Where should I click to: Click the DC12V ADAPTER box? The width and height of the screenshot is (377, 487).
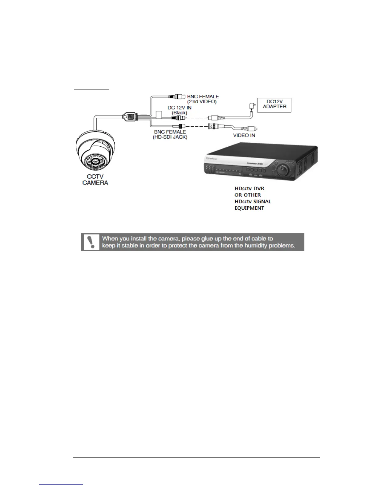pyautogui.click(x=274, y=105)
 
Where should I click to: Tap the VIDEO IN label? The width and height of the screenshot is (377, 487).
pyautogui.click(x=244, y=135)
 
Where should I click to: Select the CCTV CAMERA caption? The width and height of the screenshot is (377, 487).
pyautogui.click(x=95, y=180)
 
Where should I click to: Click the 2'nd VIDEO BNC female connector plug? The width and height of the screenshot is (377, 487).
pyautogui.click(x=177, y=96)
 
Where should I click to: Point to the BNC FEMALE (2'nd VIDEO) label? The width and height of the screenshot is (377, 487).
pyautogui.click(x=203, y=99)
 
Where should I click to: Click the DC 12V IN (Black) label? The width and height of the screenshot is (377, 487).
pyautogui.click(x=179, y=110)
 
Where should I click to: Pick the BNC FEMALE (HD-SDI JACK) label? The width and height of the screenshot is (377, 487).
pyautogui.click(x=170, y=134)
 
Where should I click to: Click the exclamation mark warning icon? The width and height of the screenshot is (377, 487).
pyautogui.click(x=91, y=242)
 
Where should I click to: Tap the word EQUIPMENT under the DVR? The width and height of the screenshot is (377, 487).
pyautogui.click(x=249, y=208)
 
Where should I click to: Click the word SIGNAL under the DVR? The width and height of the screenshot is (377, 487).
pyautogui.click(x=261, y=202)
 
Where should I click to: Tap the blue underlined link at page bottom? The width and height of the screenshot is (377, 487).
pyautogui.click(x=61, y=484)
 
